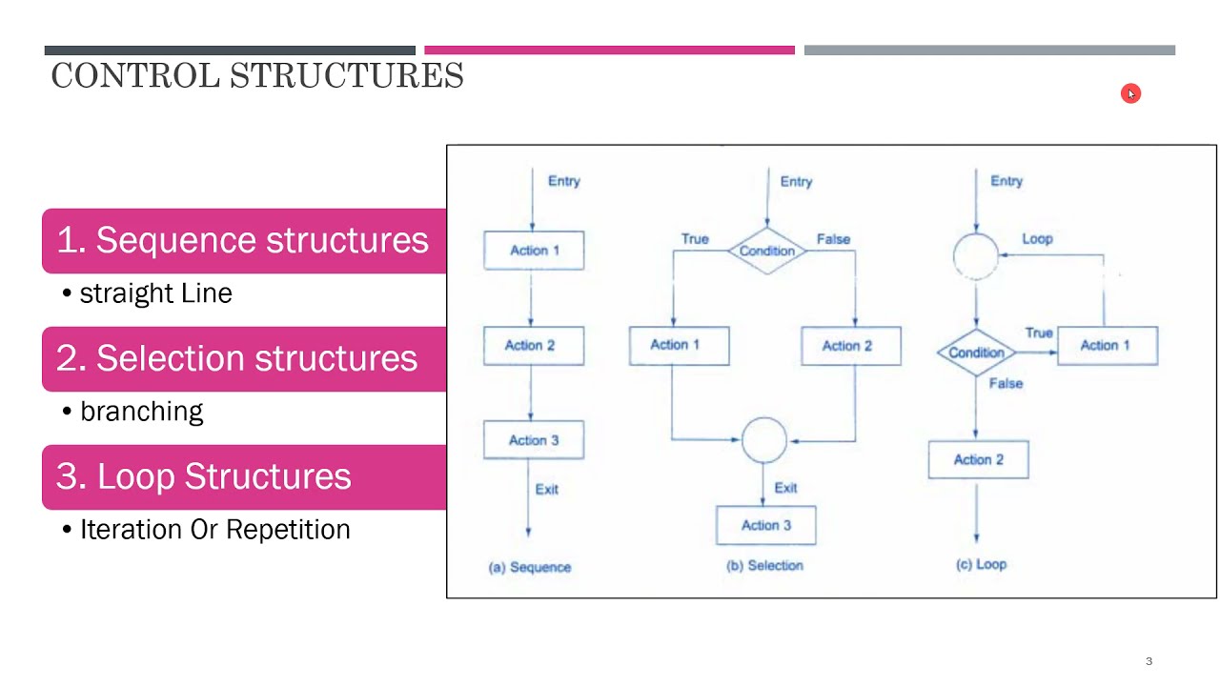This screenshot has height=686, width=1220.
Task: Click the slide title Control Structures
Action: (257, 75)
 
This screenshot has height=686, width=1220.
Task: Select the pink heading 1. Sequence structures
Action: (243, 240)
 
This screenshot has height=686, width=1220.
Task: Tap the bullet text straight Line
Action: (155, 293)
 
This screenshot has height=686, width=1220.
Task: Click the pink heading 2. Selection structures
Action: (237, 358)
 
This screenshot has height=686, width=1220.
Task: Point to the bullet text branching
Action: (141, 412)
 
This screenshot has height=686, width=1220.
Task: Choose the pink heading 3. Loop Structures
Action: (204, 476)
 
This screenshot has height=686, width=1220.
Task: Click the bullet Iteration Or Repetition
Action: (214, 530)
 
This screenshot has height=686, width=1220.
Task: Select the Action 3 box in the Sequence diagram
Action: (534, 440)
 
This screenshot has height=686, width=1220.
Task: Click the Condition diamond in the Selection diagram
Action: (766, 251)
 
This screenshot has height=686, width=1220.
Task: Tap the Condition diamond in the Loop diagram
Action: (976, 353)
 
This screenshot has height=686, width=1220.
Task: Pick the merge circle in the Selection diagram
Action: (763, 440)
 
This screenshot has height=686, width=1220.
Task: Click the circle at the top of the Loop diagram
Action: (976, 255)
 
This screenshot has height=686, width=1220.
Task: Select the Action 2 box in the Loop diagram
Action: (978, 459)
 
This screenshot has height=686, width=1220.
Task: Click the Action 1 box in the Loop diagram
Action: (1106, 345)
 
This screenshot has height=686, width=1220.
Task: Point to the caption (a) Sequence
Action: (530, 567)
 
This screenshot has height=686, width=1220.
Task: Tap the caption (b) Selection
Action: (764, 566)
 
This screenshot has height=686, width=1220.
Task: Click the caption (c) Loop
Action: (981, 564)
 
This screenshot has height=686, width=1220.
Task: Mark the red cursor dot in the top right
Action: (1130, 93)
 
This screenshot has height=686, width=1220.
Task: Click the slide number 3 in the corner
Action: (1149, 661)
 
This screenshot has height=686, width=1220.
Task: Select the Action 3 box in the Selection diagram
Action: (766, 525)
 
